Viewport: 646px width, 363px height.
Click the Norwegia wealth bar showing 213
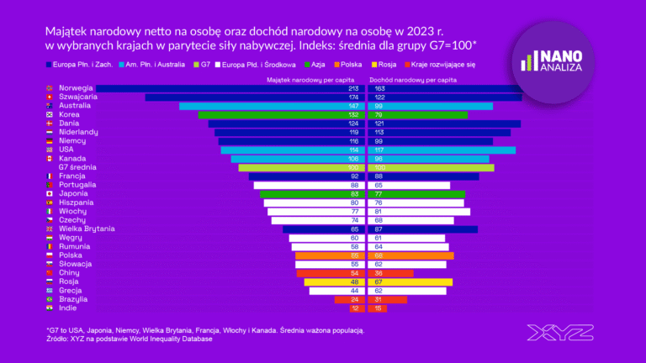[x=227, y=88]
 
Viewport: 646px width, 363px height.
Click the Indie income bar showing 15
[x=379, y=308]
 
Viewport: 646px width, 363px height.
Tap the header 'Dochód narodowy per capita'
[x=412, y=79]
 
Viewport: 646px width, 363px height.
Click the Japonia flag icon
[x=50, y=193]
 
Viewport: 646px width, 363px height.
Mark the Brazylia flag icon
[x=50, y=299]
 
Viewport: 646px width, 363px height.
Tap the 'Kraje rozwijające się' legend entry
[x=438, y=63]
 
